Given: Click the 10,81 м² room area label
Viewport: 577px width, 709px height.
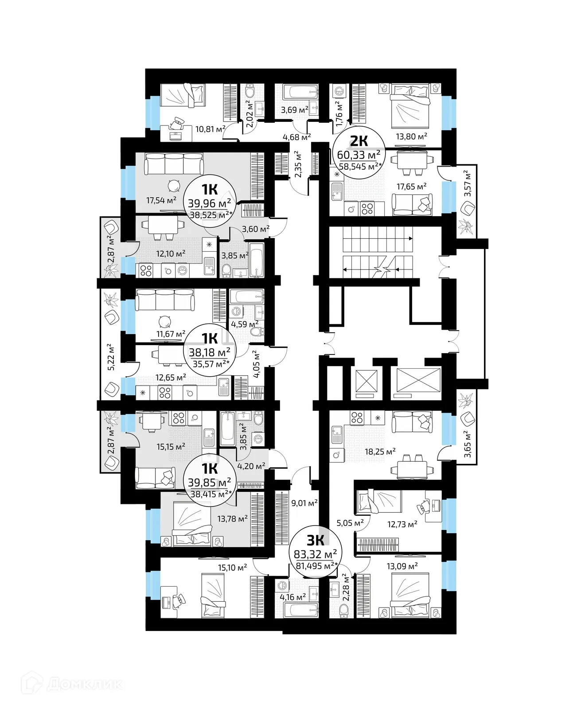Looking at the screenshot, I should tap(211, 129).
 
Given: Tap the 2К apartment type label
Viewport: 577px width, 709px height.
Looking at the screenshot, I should tap(359, 141).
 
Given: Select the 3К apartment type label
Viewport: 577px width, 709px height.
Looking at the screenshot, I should tap(316, 540).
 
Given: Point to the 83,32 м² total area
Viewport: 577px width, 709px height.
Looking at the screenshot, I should tap(315, 554).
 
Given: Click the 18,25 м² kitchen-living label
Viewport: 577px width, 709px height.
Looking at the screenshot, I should tap(380, 452).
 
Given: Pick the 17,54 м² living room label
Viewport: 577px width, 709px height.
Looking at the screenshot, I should tap(161, 200).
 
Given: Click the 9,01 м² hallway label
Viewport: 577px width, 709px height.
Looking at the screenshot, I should tap(304, 503).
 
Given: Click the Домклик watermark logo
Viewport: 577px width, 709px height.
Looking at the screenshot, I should tap(74, 684).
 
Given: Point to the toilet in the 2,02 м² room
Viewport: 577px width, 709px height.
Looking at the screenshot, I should tap(250, 92).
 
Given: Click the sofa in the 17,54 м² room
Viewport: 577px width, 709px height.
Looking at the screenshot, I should tap(174, 164).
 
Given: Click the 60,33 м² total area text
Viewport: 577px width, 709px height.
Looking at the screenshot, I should tap(359, 155).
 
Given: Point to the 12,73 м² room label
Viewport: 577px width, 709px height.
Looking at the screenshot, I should tap(402, 524).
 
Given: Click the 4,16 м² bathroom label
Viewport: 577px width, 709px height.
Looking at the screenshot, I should tap(292, 597).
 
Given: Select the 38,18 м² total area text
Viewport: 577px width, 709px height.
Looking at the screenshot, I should tap(209, 352).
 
